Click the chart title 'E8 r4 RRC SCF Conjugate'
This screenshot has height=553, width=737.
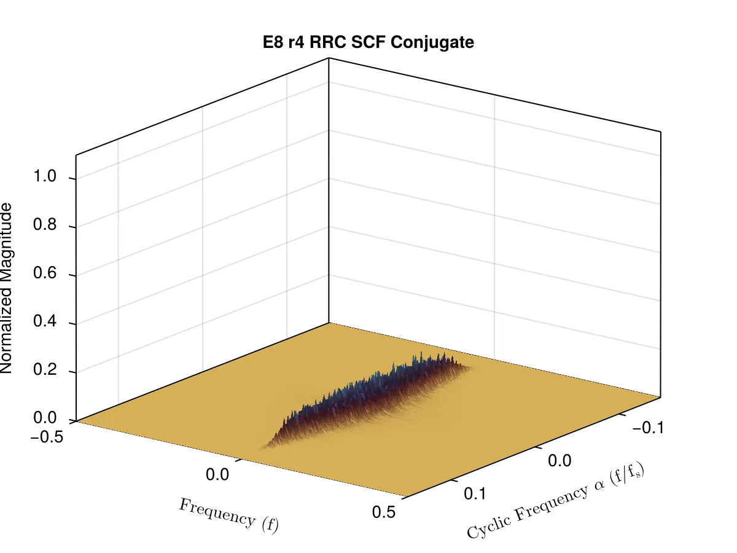pyautogui.click(x=368, y=42)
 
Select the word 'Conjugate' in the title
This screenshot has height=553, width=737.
pyautogui.click(x=432, y=43)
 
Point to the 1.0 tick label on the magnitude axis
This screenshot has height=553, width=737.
pyautogui.click(x=45, y=176)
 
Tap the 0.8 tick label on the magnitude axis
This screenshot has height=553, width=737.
pyautogui.click(x=45, y=224)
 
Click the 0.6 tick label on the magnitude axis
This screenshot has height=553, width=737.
pyautogui.click(x=45, y=273)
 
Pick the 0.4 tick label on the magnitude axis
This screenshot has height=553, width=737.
pyautogui.click(x=45, y=321)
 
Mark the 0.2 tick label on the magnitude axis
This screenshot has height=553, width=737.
pyautogui.click(x=45, y=370)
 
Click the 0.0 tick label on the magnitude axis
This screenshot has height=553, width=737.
pyautogui.click(x=45, y=418)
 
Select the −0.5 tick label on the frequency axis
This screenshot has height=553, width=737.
pyautogui.click(x=47, y=437)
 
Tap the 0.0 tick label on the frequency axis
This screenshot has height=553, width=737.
pyautogui.click(x=217, y=475)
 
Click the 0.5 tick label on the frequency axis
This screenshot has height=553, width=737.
pyautogui.click(x=384, y=512)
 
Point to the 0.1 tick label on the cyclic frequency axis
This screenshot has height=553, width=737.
pyautogui.click(x=475, y=494)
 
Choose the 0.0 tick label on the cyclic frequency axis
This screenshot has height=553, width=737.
pyautogui.click(x=560, y=461)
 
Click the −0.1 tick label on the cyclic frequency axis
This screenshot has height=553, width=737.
pyautogui.click(x=648, y=428)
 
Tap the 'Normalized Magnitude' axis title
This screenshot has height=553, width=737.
pyautogui.click(x=6, y=288)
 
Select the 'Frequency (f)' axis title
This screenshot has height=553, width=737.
pyautogui.click(x=228, y=516)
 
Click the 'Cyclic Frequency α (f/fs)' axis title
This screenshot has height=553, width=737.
pyautogui.click(x=555, y=500)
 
